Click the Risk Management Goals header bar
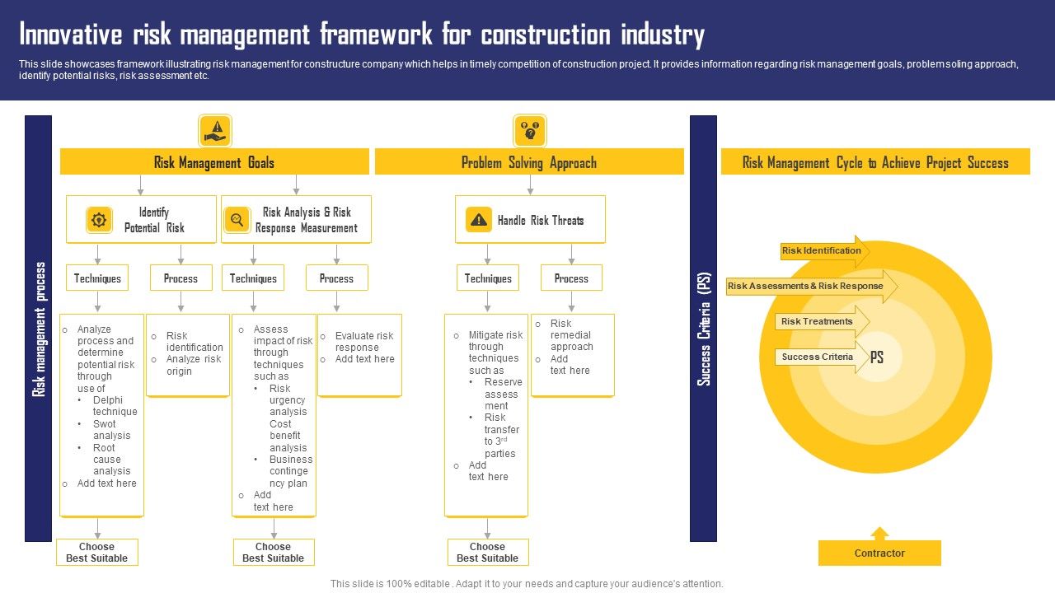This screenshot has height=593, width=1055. coord(214,162)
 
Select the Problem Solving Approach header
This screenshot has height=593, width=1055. coord(529,162)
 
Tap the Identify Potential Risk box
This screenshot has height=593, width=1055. coord(141,220)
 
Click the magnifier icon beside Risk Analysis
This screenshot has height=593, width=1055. coord(237,220)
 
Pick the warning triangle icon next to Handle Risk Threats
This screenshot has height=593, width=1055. coord(478,220)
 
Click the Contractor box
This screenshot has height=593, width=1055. coord(879,553)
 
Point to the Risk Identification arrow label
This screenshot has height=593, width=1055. coord(822,251)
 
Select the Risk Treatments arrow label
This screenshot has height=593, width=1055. coord(818,322)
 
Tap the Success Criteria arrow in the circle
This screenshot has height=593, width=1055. coord(818,357)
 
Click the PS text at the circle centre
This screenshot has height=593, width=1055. coord(877,357)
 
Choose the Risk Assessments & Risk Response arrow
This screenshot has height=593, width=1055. coord(806,287)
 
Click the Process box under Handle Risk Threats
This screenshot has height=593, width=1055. coord(571,278)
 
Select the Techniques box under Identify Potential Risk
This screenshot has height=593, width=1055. coord(97,278)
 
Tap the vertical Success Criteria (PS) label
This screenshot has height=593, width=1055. coord(703,329)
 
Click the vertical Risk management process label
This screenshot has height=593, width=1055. coord(39,329)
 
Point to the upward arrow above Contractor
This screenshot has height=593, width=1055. coord(879,533)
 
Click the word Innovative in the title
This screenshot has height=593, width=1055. coord(69,35)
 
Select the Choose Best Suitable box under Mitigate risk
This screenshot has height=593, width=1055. coord(488,553)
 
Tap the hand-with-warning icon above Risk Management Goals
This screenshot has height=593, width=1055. coord(215,130)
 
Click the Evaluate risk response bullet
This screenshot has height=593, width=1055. coord(364,342)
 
